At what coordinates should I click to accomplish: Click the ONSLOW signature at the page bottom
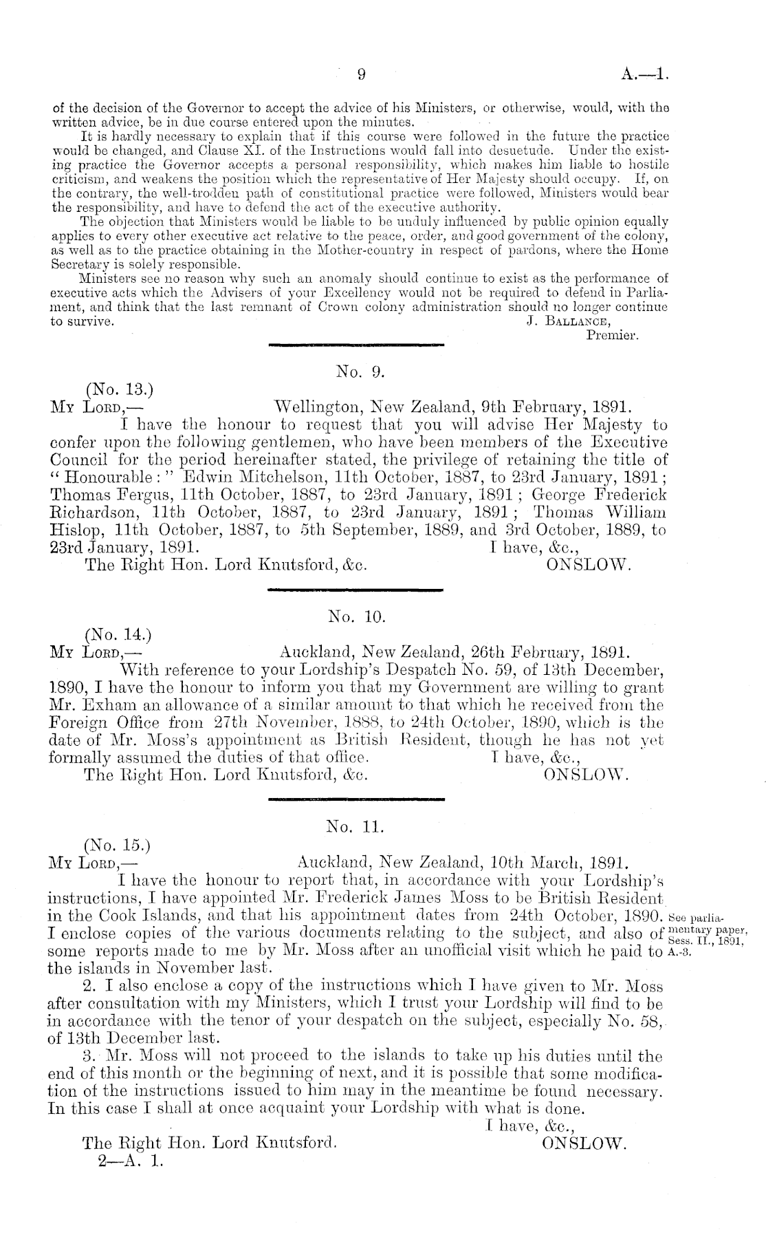(584, 1143)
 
